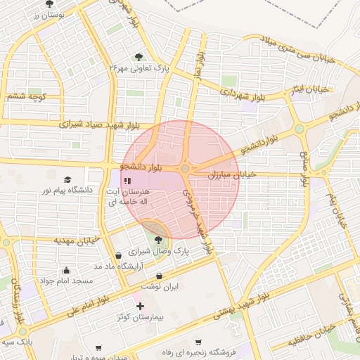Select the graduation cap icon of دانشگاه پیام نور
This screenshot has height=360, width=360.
click(x=67, y=180)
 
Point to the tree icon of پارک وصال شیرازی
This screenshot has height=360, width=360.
click(x=156, y=240)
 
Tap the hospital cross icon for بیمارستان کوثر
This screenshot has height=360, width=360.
click(x=141, y=306)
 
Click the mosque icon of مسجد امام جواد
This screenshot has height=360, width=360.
click(x=67, y=270)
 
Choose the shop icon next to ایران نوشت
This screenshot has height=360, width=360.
click(x=160, y=276)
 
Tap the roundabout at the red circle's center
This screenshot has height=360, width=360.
click(x=185, y=169)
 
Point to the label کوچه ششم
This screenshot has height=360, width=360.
click(x=26, y=96)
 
